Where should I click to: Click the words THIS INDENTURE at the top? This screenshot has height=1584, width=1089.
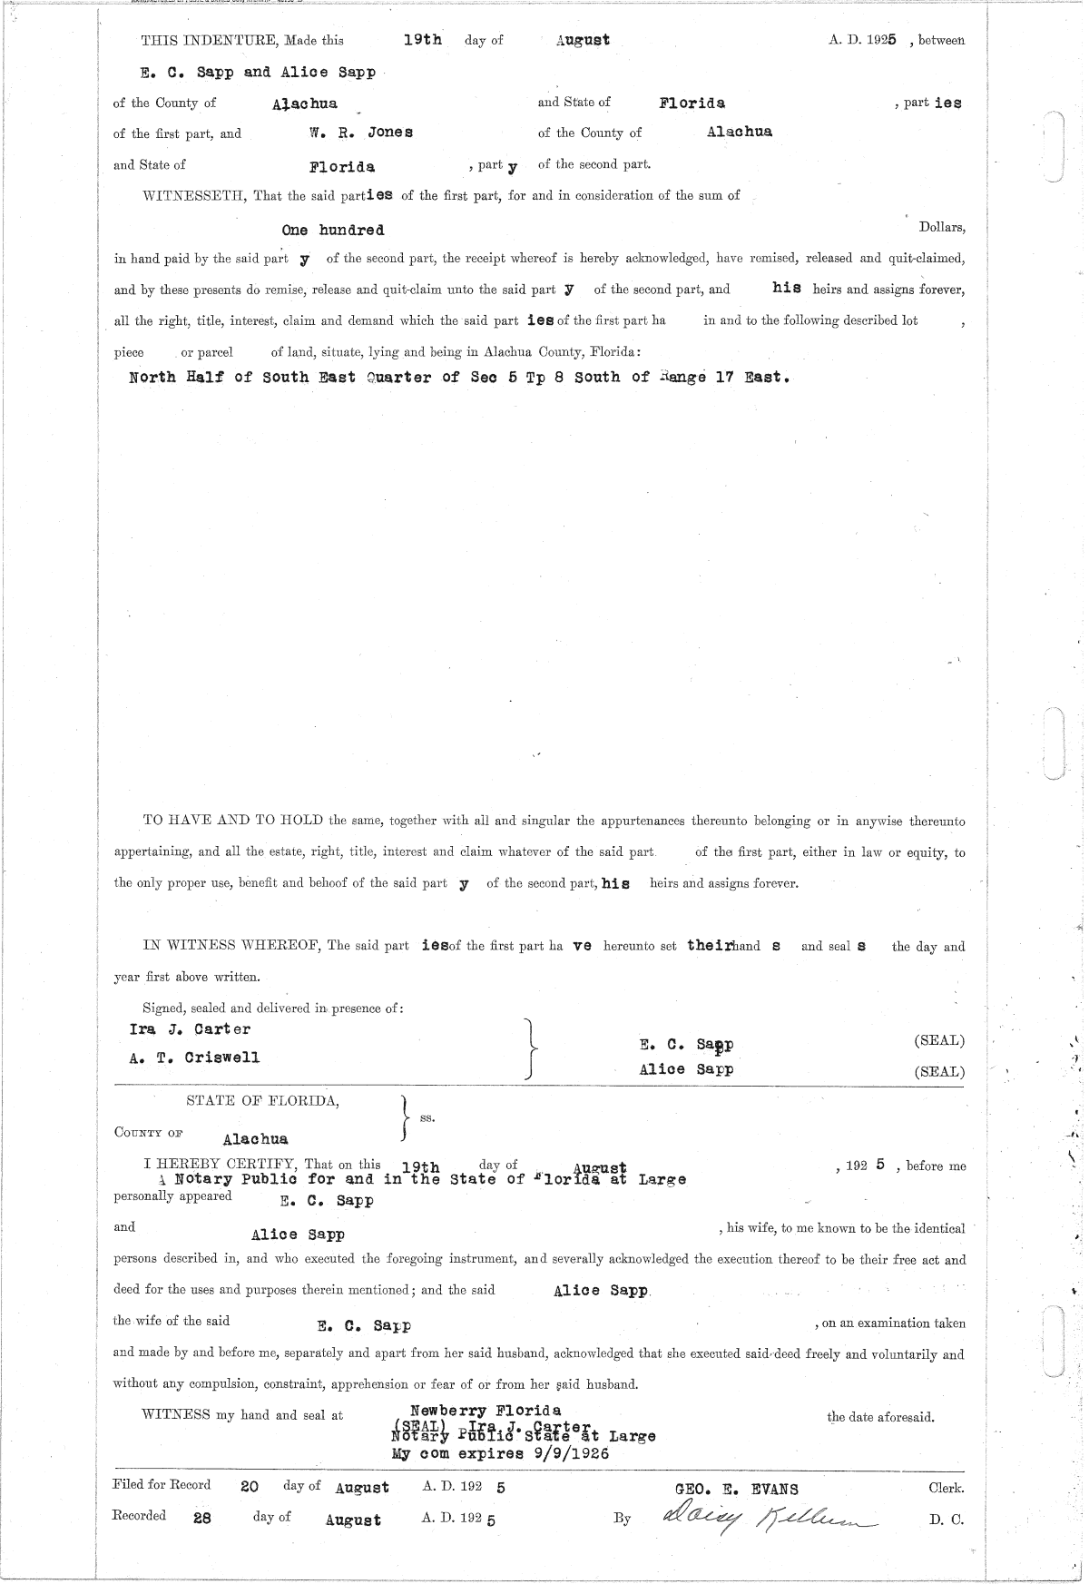coord(210,41)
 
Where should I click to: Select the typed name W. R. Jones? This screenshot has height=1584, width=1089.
coord(361,133)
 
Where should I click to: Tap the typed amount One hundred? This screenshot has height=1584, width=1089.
coord(333,231)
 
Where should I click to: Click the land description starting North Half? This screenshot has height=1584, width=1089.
coord(459,378)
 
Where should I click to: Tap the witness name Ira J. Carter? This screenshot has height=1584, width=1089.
coord(190,1029)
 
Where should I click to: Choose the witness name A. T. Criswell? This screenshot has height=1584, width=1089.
coord(194,1058)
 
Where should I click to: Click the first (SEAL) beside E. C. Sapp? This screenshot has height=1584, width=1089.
coord(939,1041)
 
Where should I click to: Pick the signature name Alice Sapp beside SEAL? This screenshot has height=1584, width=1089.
coord(686,1070)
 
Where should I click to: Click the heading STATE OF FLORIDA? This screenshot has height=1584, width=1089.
coord(263,1102)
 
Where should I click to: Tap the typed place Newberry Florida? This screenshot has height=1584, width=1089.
coord(486,1412)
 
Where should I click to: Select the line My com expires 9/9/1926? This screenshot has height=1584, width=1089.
coord(499,1453)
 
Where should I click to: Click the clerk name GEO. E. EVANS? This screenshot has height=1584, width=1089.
coord(737,1489)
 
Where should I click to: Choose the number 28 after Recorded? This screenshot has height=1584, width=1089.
coord(202,1518)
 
